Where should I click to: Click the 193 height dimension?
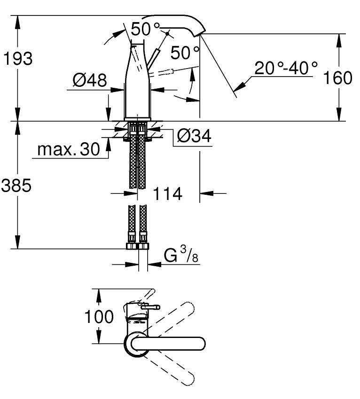(18, 59)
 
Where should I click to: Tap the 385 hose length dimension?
(16, 185)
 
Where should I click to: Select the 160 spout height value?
(337, 77)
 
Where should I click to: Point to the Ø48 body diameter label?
(90, 80)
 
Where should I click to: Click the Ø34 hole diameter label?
(194, 136)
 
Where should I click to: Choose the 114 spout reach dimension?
(167, 193)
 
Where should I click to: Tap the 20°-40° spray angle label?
(286, 68)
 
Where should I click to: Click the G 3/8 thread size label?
(181, 254)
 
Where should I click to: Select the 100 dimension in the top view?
(99, 316)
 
